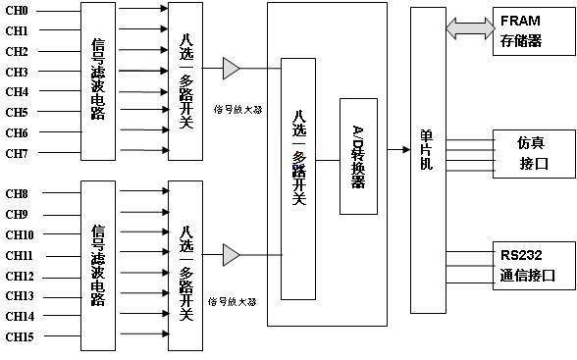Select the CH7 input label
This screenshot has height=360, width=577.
(x=17, y=153)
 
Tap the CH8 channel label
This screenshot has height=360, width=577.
(x=17, y=193)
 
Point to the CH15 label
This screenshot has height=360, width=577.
(x=20, y=336)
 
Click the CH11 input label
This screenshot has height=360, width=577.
(x=20, y=255)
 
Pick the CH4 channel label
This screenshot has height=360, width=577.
(x=17, y=91)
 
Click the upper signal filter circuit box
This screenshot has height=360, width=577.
(x=98, y=80)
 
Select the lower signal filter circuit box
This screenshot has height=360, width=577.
(x=98, y=265)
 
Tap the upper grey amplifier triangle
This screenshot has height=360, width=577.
(x=231, y=69)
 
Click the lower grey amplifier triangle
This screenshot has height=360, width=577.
(x=231, y=255)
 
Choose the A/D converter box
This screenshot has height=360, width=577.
(x=358, y=156)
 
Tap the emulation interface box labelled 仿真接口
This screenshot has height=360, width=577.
(x=531, y=153)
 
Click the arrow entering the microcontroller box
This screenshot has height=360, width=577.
(x=398, y=149)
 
